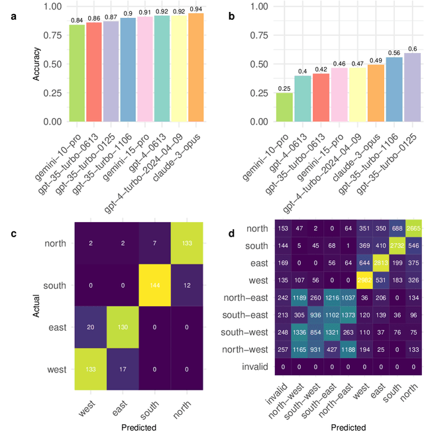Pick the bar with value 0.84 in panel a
click(77, 74)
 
